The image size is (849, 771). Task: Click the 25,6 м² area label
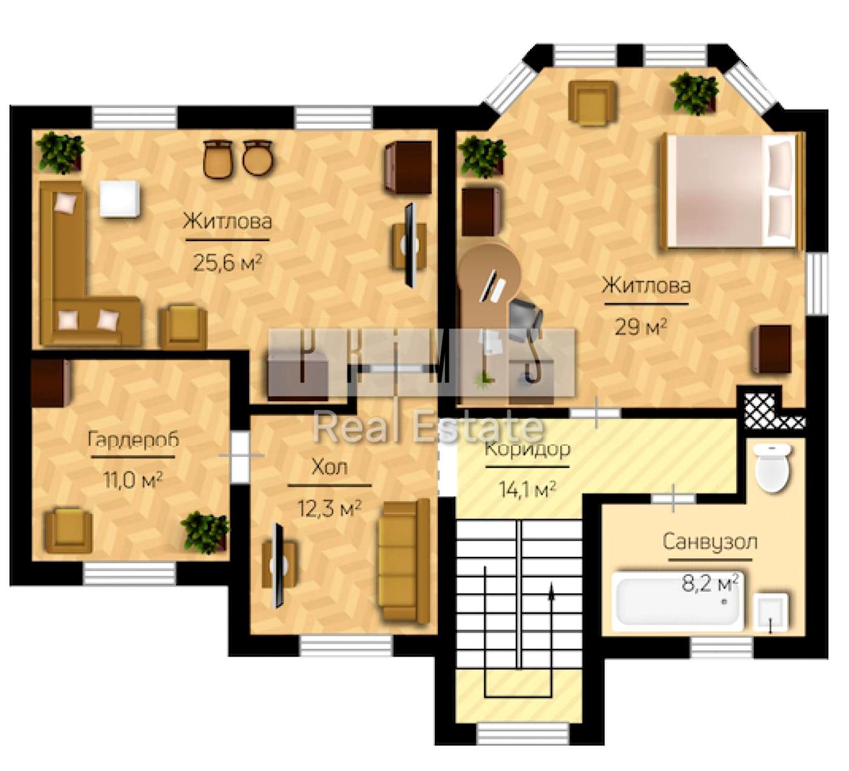pos(227,263)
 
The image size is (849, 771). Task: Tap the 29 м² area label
pos(641,327)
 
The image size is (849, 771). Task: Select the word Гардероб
pos(133,440)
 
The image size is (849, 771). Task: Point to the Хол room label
pos(330,467)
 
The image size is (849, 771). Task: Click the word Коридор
pos(527,449)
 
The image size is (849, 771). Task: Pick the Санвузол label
pos(710,542)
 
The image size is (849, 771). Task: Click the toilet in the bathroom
pos(773,468)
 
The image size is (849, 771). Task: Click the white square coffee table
pos(120,199)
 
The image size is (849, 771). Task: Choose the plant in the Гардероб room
pos(205,532)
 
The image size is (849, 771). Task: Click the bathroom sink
pos(771,612)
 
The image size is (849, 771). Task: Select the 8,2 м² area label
pos(710,583)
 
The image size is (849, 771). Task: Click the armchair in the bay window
pos(592,102)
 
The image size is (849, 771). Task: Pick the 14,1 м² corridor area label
pos(527,490)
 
